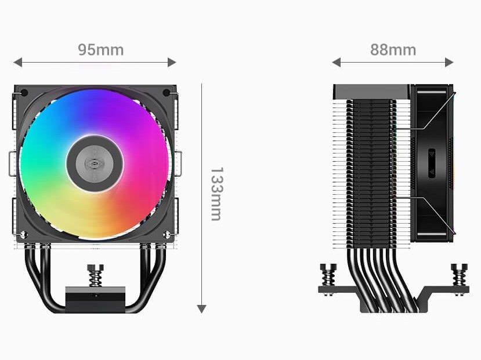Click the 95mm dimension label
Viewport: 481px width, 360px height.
(100, 50)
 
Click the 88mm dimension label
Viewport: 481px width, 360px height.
(393, 50)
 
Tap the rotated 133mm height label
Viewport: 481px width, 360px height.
(216, 194)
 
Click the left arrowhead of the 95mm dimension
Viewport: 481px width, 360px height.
(18, 62)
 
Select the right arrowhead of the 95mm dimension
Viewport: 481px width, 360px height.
(172, 62)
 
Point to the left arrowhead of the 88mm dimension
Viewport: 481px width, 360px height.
(337, 62)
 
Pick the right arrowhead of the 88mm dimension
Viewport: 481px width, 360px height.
(449, 62)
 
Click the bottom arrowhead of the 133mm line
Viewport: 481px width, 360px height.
(201, 309)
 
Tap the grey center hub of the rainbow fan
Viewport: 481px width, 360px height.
(95, 164)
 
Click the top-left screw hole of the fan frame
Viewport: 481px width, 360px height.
(24, 93)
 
